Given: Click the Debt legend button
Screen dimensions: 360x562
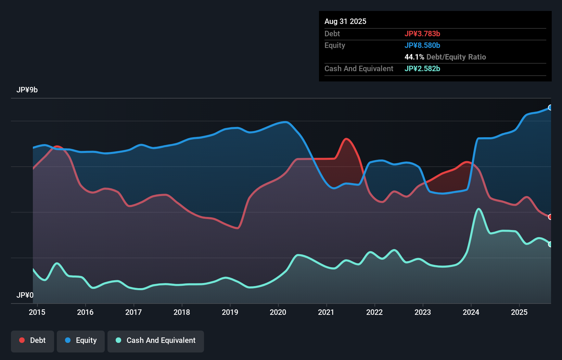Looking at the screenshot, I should point(33,341).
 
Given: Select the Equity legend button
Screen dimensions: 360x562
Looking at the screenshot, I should point(81,341).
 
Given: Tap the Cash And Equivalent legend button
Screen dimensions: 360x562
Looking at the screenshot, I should point(156,341).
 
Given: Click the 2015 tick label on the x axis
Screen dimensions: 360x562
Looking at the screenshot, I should point(37,312).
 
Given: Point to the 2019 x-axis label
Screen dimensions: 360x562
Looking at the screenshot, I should point(230,312).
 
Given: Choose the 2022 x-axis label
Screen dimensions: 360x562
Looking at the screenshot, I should point(374,312).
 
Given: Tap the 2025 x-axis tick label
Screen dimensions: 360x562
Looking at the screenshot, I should point(519,312).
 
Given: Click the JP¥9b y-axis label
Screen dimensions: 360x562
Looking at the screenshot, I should point(27,90).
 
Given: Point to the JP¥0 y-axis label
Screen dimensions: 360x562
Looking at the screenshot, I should point(25,295).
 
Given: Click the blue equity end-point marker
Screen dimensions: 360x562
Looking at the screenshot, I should point(550,107).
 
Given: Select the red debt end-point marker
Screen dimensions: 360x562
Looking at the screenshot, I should point(550,217).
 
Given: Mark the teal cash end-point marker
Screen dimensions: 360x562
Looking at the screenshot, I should point(550,244).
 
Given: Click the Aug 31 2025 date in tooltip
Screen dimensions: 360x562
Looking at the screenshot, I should point(345,21).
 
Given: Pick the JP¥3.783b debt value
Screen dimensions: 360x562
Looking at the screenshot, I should point(422,34).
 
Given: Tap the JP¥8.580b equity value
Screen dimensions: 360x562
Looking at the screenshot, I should point(422,45).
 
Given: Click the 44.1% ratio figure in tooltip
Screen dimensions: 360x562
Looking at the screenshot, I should point(414,57).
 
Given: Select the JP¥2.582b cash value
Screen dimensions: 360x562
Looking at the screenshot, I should point(422,68).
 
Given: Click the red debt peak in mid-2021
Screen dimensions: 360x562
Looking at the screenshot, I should point(346,139).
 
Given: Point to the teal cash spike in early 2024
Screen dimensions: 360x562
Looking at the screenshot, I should point(478,209).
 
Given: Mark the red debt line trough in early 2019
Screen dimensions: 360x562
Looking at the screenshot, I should point(237,228).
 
